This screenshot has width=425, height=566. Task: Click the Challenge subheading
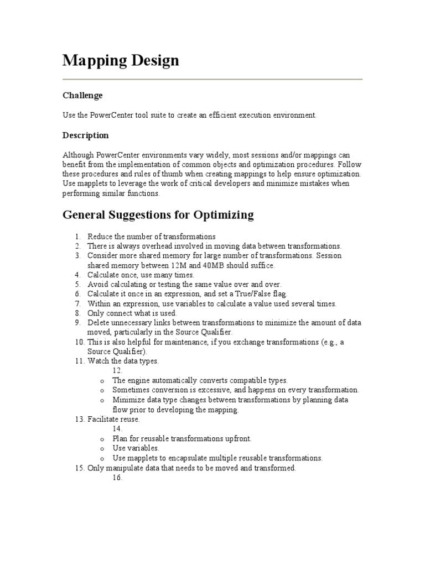(x=82, y=96)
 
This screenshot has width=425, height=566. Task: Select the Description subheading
(x=85, y=135)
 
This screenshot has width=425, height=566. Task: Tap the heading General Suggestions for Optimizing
(x=158, y=215)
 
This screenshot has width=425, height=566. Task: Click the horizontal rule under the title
(x=212, y=80)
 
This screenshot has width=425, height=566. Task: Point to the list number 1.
(x=77, y=237)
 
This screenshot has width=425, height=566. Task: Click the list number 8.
(x=77, y=313)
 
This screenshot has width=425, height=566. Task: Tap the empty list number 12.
(x=117, y=370)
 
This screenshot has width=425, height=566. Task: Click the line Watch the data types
(x=123, y=361)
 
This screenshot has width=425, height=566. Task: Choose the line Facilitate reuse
(x=113, y=419)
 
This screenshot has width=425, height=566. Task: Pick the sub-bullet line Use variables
(x=136, y=448)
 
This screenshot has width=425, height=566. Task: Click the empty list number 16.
(x=117, y=478)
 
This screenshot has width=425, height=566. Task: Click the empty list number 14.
(x=117, y=428)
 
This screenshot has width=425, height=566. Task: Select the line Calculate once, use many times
(x=141, y=275)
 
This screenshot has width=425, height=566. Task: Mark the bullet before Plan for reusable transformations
(x=102, y=439)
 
